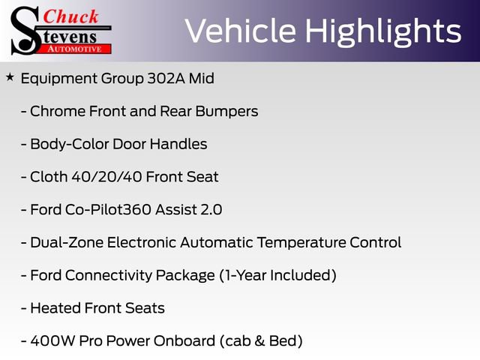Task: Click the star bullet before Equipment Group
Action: point(9,76)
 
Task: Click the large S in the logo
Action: point(25,30)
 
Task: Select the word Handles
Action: point(178,144)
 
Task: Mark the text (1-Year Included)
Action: point(277,275)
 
